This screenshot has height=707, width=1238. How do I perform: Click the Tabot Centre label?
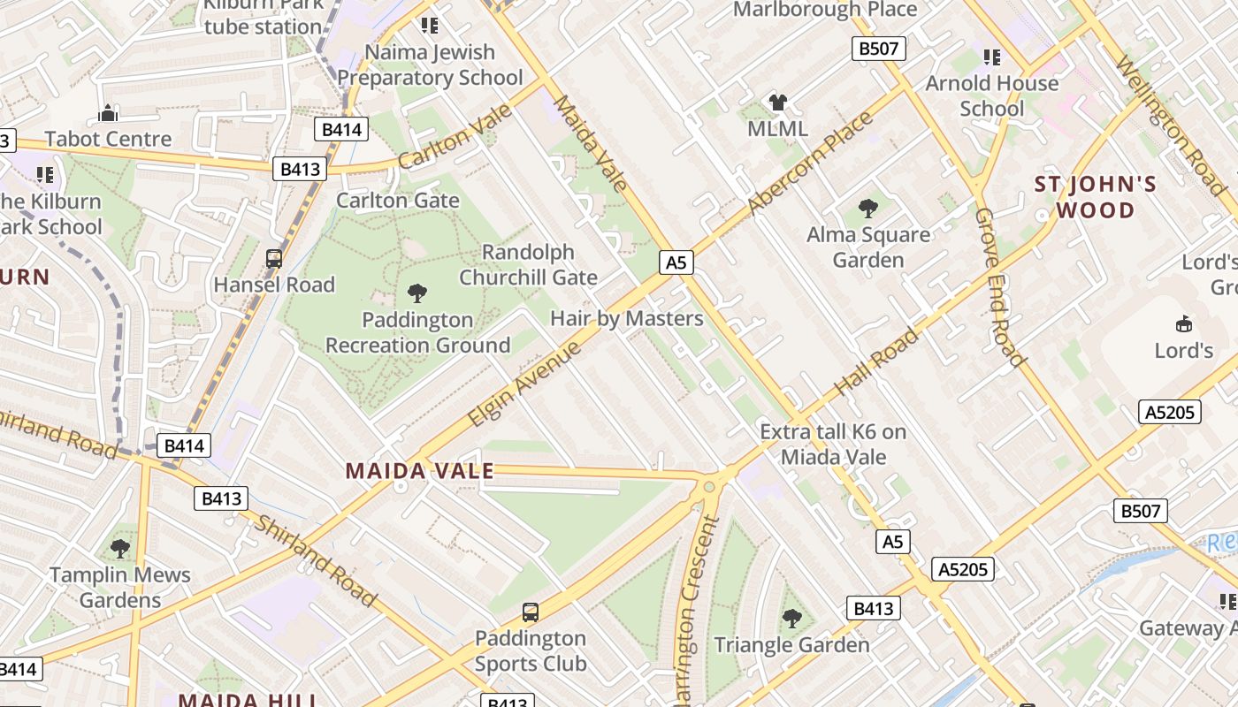pyautogui.click(x=108, y=139)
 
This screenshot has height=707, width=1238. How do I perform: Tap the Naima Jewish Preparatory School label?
pyautogui.click(x=430, y=65)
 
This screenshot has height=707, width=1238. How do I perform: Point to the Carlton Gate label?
pyautogui.click(x=398, y=200)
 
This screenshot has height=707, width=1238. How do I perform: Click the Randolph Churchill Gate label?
pyautogui.click(x=529, y=264)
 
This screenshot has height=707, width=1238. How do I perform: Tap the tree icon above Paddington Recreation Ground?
pyautogui.click(x=416, y=293)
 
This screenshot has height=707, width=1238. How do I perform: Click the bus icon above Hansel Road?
pyautogui.click(x=274, y=259)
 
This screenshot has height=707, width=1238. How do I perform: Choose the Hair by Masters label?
pyautogui.click(x=627, y=318)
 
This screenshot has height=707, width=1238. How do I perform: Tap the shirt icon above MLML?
pyautogui.click(x=778, y=103)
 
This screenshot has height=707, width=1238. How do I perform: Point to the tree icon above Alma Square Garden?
pyautogui.click(x=868, y=209)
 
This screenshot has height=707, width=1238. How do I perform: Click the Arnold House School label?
pyautogui.click(x=991, y=95)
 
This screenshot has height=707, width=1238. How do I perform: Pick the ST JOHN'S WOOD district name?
pyautogui.click(x=1096, y=197)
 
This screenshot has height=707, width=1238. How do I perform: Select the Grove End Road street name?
pyautogui.click(x=1000, y=287)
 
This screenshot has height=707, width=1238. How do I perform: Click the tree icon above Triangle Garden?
pyautogui.click(x=792, y=619)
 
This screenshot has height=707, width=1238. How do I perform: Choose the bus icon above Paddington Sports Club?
pyautogui.click(x=531, y=612)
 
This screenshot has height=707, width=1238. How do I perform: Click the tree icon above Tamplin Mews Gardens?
pyautogui.click(x=120, y=549)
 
